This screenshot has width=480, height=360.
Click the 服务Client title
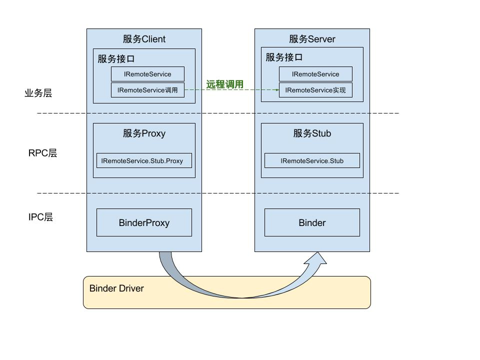point(144,39)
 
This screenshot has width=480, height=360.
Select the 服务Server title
point(312,39)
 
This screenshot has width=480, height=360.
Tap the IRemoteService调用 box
point(147,90)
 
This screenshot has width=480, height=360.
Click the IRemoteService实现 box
point(315,90)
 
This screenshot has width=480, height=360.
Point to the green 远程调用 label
point(225,84)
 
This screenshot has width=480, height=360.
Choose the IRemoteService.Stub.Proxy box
point(144,161)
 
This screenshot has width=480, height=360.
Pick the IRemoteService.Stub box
point(312,161)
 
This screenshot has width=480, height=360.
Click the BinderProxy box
point(144,222)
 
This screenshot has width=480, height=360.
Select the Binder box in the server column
point(312,222)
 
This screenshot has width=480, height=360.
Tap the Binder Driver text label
point(116,288)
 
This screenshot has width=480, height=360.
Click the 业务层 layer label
point(38,93)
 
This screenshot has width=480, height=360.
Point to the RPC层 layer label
point(42,153)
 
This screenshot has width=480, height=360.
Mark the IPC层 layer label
point(40,217)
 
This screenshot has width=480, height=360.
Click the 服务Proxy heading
point(144,133)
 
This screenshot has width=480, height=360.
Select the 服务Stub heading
point(312,133)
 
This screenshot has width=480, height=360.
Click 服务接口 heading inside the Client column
point(116,58)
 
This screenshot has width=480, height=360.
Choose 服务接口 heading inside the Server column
point(284,57)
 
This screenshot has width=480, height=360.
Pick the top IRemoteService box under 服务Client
point(147,74)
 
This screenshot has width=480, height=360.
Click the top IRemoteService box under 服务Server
point(315,74)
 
